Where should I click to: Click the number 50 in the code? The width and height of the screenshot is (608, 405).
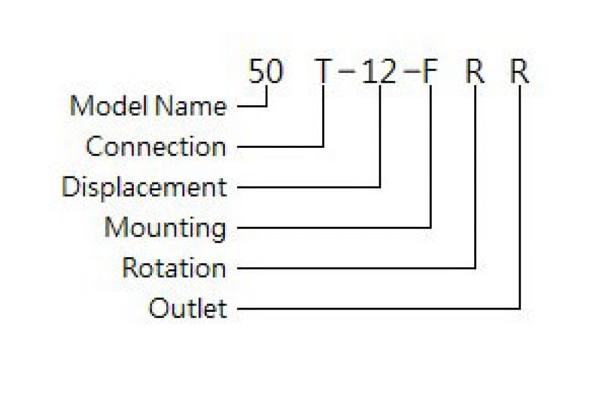coord(266,71)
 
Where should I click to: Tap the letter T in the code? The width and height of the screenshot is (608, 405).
coord(323,72)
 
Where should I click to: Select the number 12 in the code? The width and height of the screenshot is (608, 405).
coord(379,72)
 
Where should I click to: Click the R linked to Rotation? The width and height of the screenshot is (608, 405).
coord(475,72)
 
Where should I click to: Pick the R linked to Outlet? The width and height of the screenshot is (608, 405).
coord(520,72)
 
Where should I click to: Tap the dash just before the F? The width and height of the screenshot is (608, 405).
coord(412,72)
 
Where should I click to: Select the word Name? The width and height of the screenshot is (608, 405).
coord(192,106)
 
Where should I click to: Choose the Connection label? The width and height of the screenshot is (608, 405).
coord(156,147)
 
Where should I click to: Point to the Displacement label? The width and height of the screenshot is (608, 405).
coord(144,188)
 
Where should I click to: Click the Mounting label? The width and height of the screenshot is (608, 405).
coord(165,229)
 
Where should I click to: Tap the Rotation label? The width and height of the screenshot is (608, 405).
coord(174,268)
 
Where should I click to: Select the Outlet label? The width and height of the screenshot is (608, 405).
coord(188,308)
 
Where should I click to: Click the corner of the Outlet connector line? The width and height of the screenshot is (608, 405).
coord(520,309)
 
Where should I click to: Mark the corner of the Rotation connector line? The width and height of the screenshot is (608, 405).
coord(475,268)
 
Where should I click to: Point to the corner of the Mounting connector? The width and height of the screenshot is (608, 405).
coord(430,227)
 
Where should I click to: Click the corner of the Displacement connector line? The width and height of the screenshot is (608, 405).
coord(380,187)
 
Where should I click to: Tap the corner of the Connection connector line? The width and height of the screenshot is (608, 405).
coord(323,147)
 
